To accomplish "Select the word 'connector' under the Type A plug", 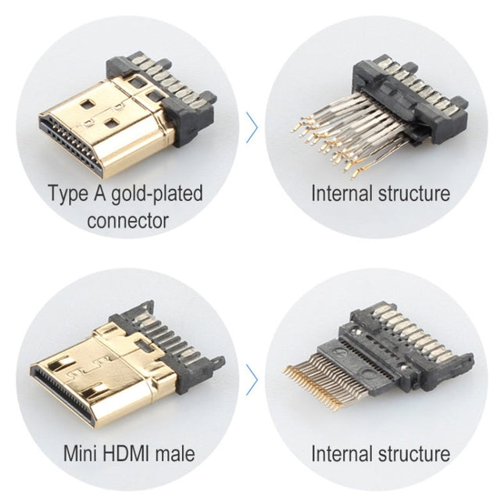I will (x=127, y=220).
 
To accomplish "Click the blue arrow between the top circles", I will (x=252, y=127).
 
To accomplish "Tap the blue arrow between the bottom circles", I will (x=252, y=380).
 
